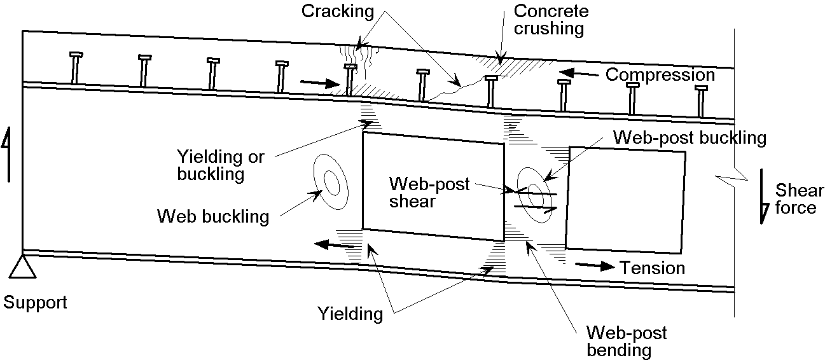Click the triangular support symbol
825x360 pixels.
coord(23,267)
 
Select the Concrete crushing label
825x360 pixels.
coord(551,20)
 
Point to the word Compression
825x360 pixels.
coord(660,74)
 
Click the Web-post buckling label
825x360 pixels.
coord(690,137)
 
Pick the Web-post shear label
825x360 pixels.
coord(429,192)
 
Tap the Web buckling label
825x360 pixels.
coord(212,216)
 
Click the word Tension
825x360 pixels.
coord(652,268)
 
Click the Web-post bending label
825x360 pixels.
coord(627,341)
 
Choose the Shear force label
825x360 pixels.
coord(795,198)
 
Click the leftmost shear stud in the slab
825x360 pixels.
coord(75,68)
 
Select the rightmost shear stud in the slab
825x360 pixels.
coord(700,100)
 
